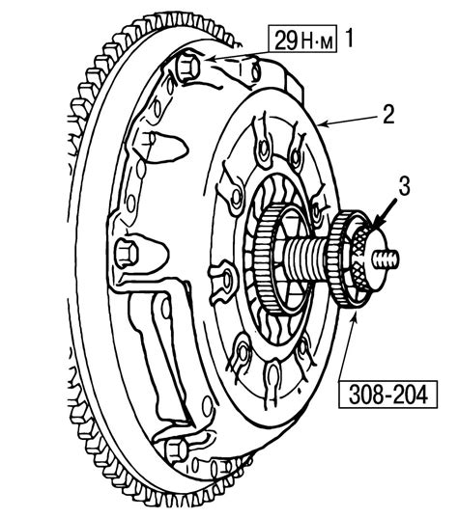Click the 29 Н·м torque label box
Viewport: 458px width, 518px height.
(302, 40)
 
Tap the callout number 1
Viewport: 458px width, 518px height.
(350, 39)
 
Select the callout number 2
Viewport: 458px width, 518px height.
(388, 115)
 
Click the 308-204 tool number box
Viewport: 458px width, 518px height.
(387, 395)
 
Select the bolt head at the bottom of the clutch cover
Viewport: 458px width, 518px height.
(178, 450)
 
